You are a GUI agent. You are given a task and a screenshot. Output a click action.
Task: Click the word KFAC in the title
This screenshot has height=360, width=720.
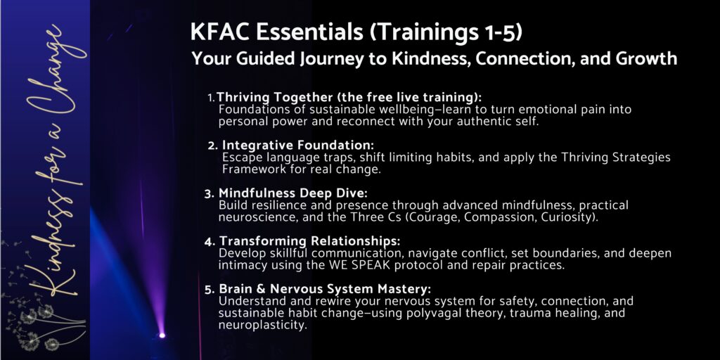click(219, 32)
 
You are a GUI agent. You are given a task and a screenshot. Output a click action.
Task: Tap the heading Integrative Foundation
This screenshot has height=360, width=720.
click(298, 145)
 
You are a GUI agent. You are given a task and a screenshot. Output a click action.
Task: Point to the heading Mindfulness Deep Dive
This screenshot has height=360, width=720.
click(293, 193)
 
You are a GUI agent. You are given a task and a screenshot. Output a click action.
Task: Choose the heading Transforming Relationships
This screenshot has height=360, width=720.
click(310, 241)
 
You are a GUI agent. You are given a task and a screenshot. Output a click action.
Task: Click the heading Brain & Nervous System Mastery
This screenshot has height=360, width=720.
click(325, 289)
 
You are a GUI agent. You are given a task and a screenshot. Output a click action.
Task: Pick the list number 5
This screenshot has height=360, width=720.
click(210, 289)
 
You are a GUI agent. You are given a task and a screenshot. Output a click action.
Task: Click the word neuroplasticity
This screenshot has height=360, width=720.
click(262, 326)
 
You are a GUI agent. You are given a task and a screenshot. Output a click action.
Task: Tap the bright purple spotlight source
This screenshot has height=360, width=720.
click(162, 335)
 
